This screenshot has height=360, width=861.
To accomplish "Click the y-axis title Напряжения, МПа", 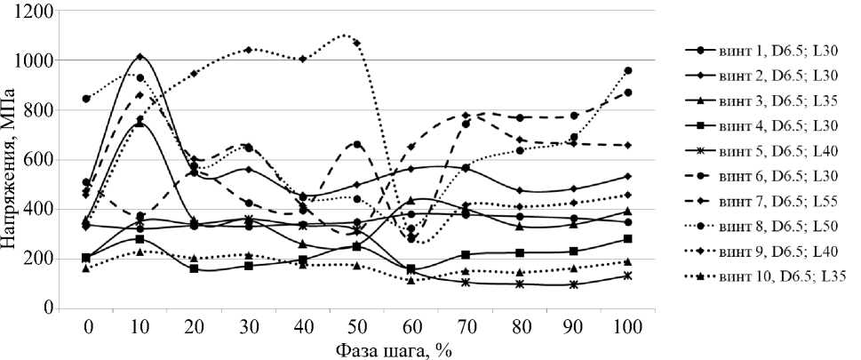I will [12, 160].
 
